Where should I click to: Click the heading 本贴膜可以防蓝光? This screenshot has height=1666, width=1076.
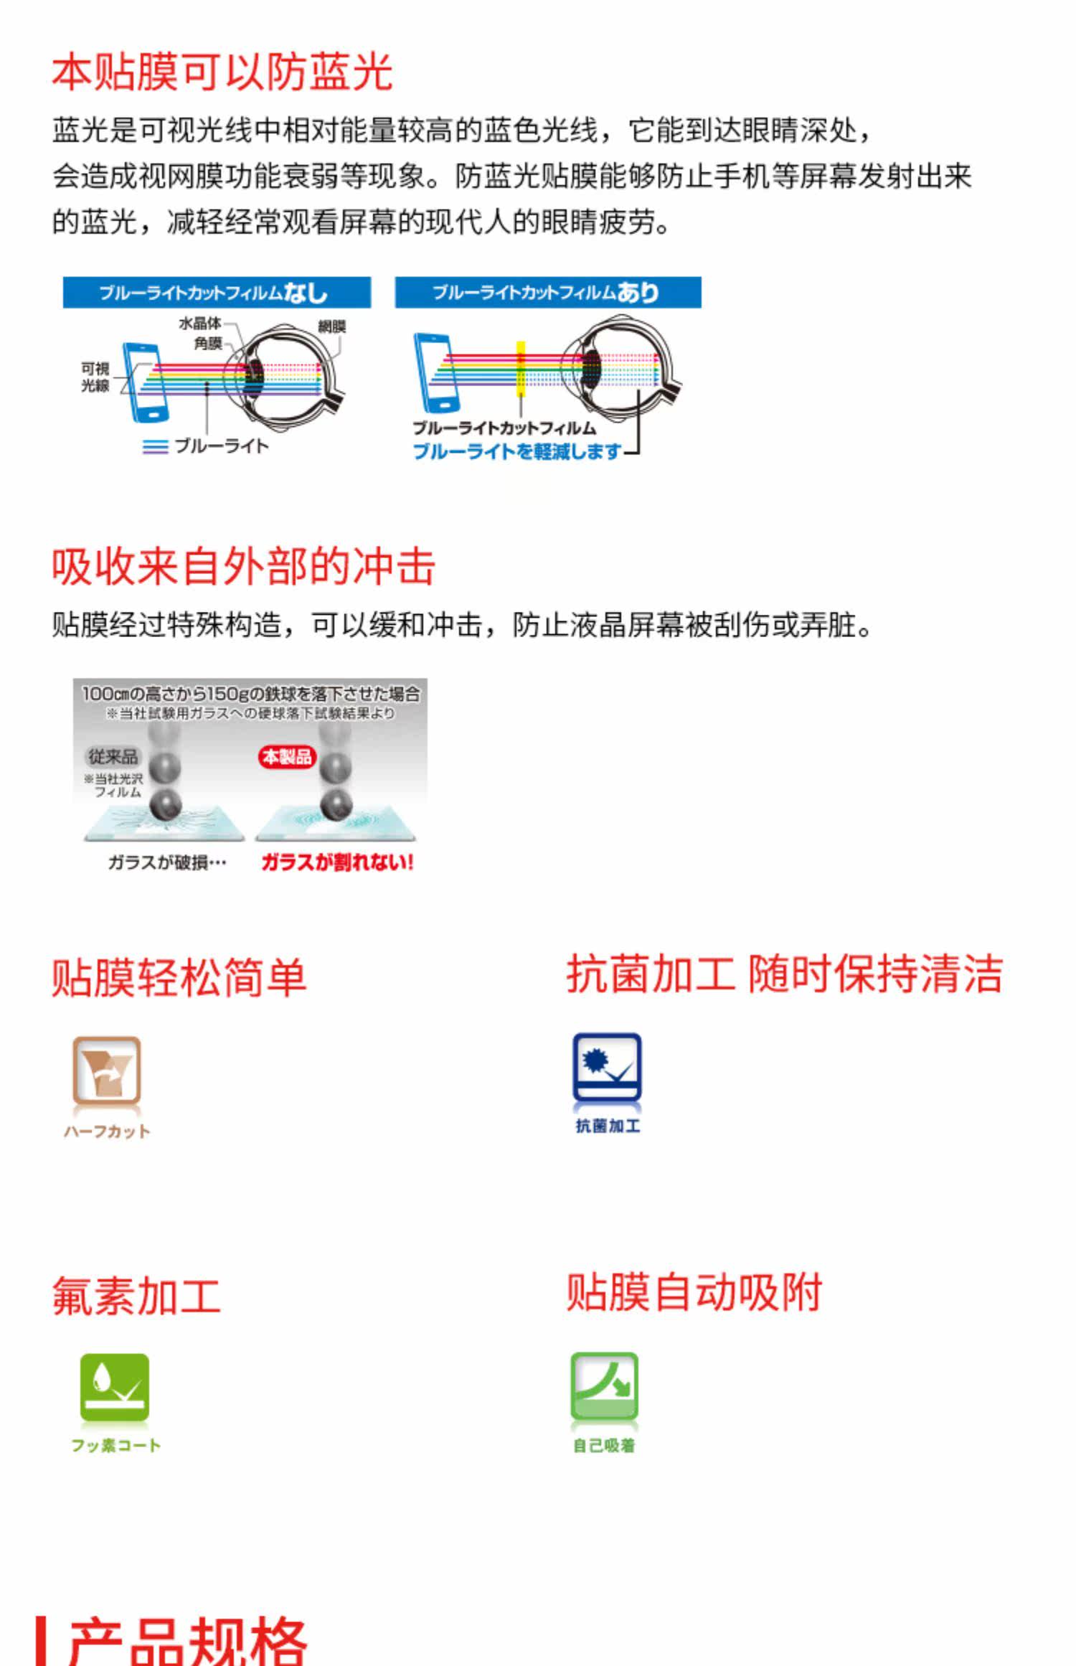222,72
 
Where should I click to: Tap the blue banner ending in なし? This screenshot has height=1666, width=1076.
217,293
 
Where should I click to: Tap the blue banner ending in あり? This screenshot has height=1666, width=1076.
548,293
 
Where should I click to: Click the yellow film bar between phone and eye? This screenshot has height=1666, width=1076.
521,369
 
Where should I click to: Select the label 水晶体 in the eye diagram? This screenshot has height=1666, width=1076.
199,324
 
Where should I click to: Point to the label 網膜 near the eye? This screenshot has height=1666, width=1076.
331,326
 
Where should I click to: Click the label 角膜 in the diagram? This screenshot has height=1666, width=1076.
208,344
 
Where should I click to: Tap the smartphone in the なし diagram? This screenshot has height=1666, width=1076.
146,382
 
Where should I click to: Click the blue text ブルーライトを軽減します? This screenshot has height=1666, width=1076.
516,451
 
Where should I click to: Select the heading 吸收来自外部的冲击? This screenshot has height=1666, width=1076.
243,567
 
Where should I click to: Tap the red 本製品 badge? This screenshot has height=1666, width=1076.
287,756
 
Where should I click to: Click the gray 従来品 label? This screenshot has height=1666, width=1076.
113,756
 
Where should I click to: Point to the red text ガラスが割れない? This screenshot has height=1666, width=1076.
337,862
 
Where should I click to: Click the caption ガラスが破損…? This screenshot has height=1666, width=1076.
167,862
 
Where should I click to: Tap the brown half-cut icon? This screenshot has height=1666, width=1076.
107,1070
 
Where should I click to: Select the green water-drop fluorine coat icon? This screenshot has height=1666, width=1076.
115,1388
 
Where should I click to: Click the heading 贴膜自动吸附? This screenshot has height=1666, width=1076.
694,1293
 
